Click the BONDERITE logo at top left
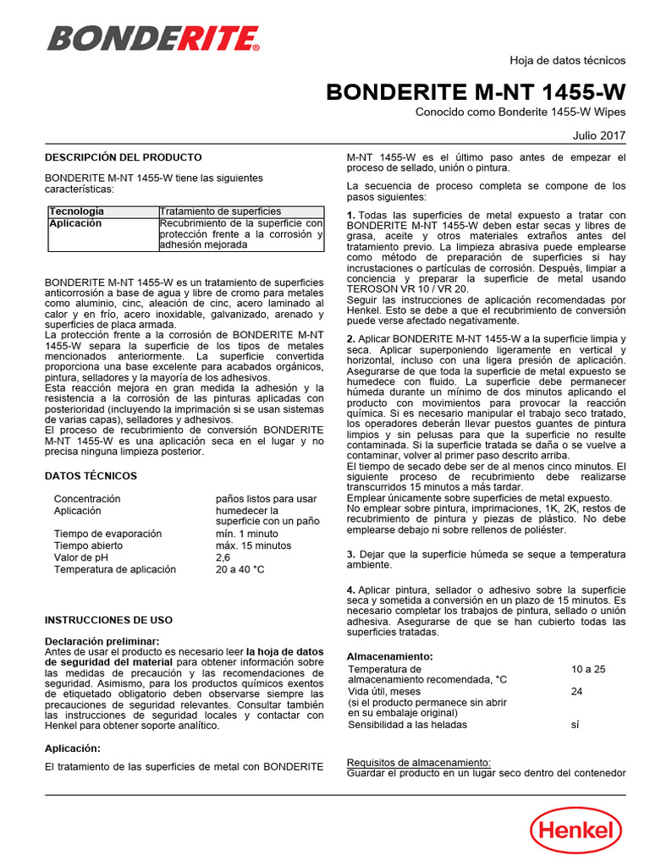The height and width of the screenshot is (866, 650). tap(153, 38)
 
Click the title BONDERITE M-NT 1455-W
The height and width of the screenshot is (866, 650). tap(476, 92)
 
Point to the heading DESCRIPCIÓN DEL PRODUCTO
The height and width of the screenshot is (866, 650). tap(123, 157)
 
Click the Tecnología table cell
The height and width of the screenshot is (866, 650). tap(77, 211)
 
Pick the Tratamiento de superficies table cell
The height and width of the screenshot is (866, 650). tap(221, 211)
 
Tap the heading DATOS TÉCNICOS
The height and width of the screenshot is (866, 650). tap(91, 476)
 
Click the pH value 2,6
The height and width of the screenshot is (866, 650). tap(223, 558)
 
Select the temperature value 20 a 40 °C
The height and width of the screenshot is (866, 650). tap(240, 570)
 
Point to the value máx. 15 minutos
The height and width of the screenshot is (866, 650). tap(253, 546)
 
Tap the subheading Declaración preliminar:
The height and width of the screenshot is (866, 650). tap(102, 642)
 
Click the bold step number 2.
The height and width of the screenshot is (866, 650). tap(351, 339)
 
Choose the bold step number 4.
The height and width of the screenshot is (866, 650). tap(351, 589)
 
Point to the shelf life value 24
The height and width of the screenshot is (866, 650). tap(577, 691)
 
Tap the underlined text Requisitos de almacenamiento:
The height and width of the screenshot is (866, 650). tap(419, 762)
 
